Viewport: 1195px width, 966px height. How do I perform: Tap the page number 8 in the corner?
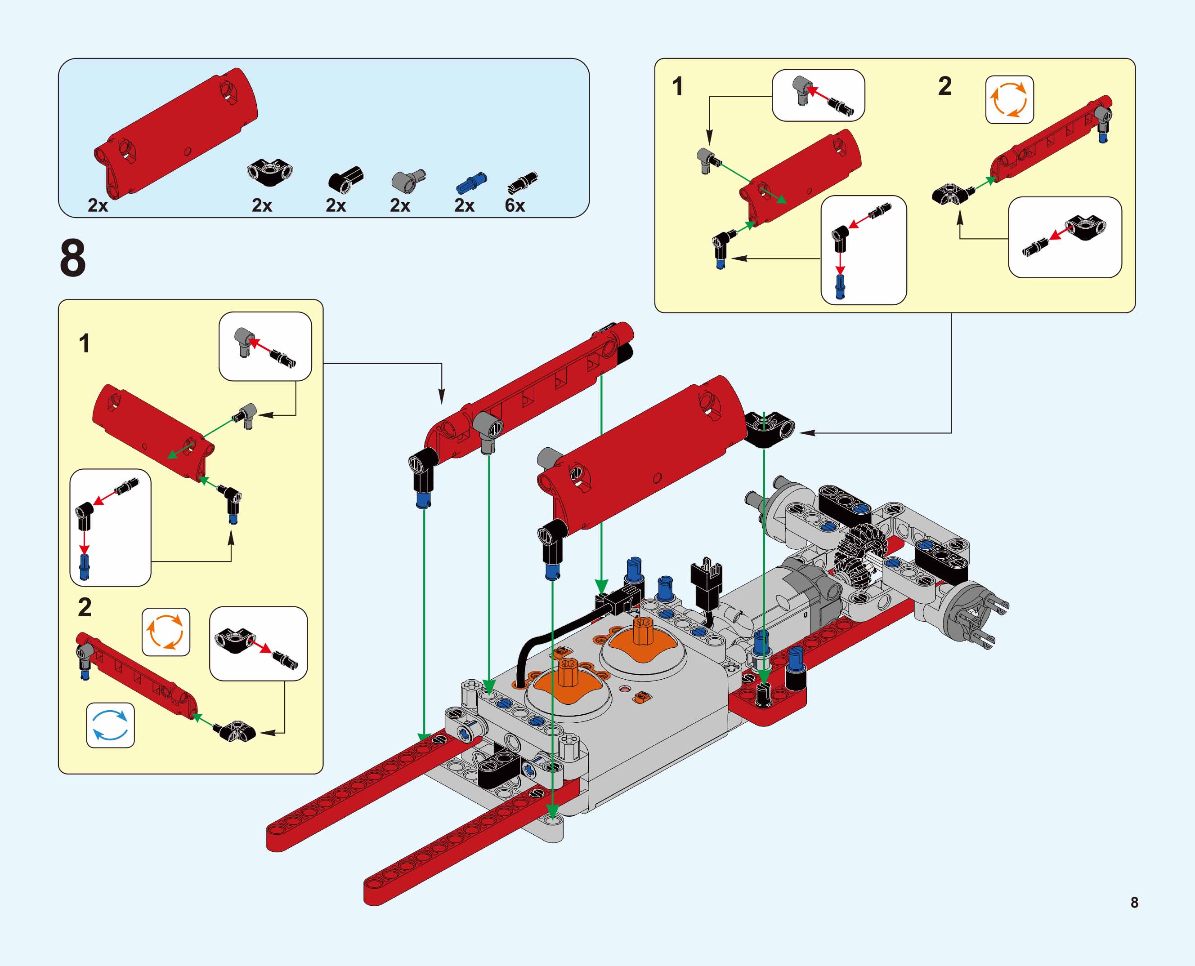coord(1134,903)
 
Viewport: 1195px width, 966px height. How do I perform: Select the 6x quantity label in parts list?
coord(515,205)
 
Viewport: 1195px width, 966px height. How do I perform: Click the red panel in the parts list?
coord(175,133)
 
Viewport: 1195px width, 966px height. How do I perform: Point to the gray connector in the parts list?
coord(407,180)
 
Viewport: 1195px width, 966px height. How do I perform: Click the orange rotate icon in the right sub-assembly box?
coord(1009,100)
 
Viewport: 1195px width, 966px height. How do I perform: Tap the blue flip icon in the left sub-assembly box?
coord(110,725)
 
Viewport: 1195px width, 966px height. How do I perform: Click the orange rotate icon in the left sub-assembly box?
coord(166,632)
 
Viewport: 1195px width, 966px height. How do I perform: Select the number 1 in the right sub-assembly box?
coord(677,87)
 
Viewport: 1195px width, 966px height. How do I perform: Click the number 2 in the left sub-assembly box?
coord(85,607)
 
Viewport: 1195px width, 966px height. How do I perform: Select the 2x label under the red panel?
coord(98,205)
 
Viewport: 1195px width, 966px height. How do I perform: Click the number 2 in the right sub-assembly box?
coord(944,86)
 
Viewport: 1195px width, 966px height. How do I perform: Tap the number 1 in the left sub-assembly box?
coord(84,343)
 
